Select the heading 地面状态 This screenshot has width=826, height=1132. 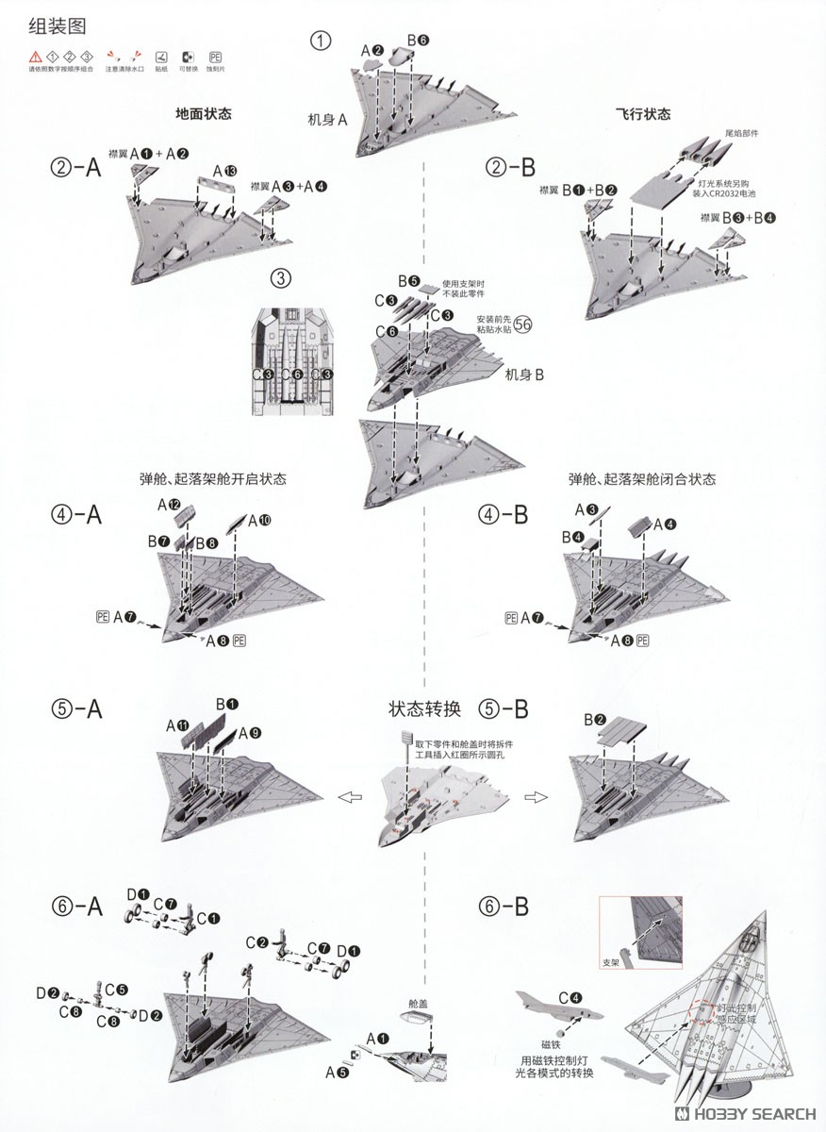click(x=203, y=113)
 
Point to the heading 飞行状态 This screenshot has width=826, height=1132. click(x=643, y=113)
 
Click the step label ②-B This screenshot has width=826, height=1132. click(x=509, y=168)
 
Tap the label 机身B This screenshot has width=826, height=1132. click(x=524, y=375)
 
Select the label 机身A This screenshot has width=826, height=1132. click(x=327, y=120)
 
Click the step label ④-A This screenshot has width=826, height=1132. click(x=77, y=515)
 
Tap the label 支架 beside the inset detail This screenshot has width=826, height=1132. click(x=611, y=964)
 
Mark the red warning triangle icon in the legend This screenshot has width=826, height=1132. click(x=35, y=56)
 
